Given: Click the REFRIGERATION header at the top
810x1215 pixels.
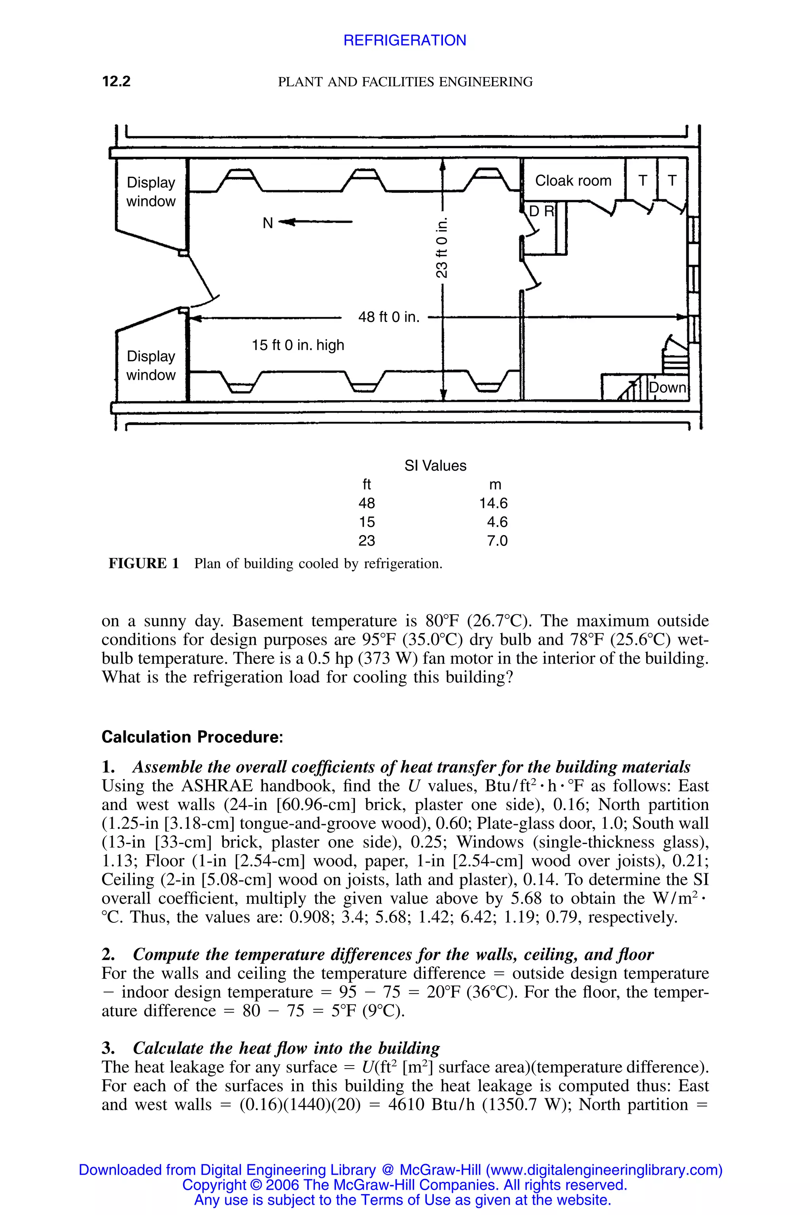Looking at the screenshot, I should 405,40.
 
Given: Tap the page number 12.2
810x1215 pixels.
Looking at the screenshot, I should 116,81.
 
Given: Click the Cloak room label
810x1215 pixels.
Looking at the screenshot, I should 573,181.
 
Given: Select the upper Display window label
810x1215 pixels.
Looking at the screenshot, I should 151,192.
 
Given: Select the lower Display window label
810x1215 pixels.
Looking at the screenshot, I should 151,365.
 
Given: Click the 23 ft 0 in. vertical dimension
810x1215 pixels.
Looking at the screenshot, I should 442,248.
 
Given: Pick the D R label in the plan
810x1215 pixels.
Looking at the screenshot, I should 541,211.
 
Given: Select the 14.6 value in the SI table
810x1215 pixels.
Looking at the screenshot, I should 493,503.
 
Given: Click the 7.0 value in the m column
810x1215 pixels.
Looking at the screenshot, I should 497,541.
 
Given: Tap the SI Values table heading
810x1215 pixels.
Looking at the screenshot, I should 435,466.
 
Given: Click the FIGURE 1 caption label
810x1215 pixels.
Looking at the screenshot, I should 144,564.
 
